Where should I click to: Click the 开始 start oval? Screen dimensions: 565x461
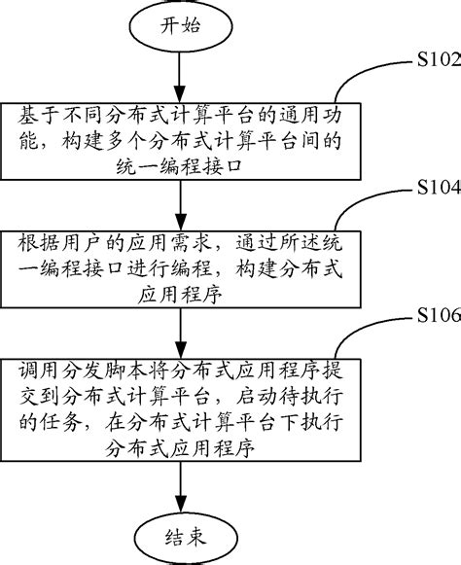click(177, 25)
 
